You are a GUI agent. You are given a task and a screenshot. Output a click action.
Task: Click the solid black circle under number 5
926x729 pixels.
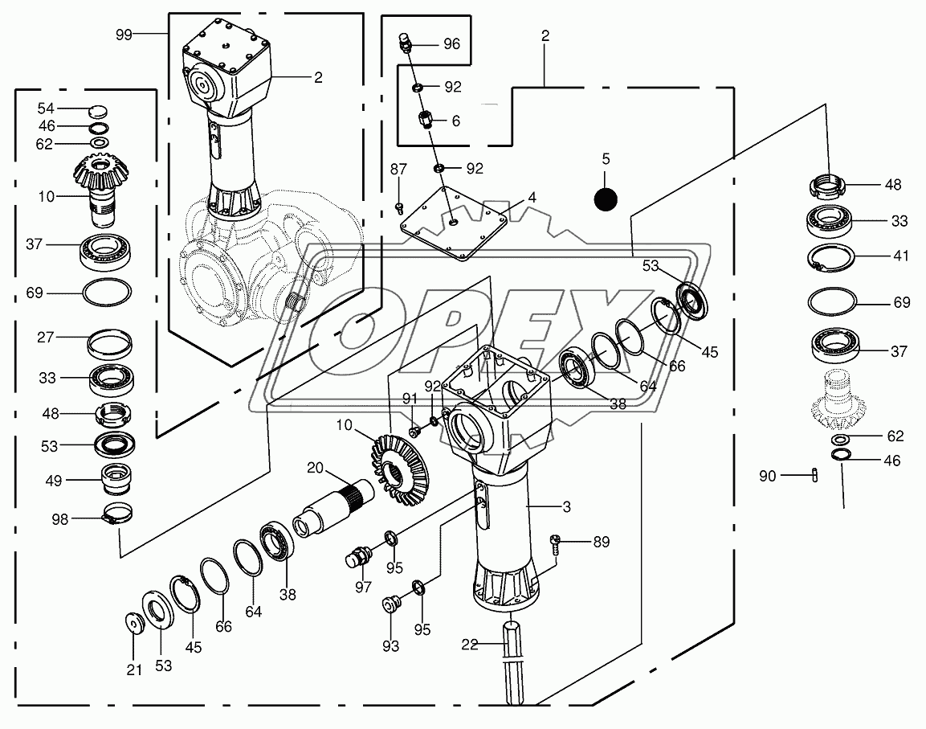(606, 198)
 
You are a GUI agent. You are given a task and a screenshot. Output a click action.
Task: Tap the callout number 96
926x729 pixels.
(452, 44)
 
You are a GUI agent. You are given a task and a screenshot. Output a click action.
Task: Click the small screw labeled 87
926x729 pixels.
(400, 208)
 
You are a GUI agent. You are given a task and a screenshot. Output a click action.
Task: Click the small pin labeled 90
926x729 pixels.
(814, 476)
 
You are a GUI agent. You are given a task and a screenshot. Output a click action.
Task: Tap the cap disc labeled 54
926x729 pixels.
(96, 110)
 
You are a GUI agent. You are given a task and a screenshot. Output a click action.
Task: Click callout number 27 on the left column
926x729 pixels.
(44, 338)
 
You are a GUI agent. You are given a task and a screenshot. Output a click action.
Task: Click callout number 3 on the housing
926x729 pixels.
(566, 506)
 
